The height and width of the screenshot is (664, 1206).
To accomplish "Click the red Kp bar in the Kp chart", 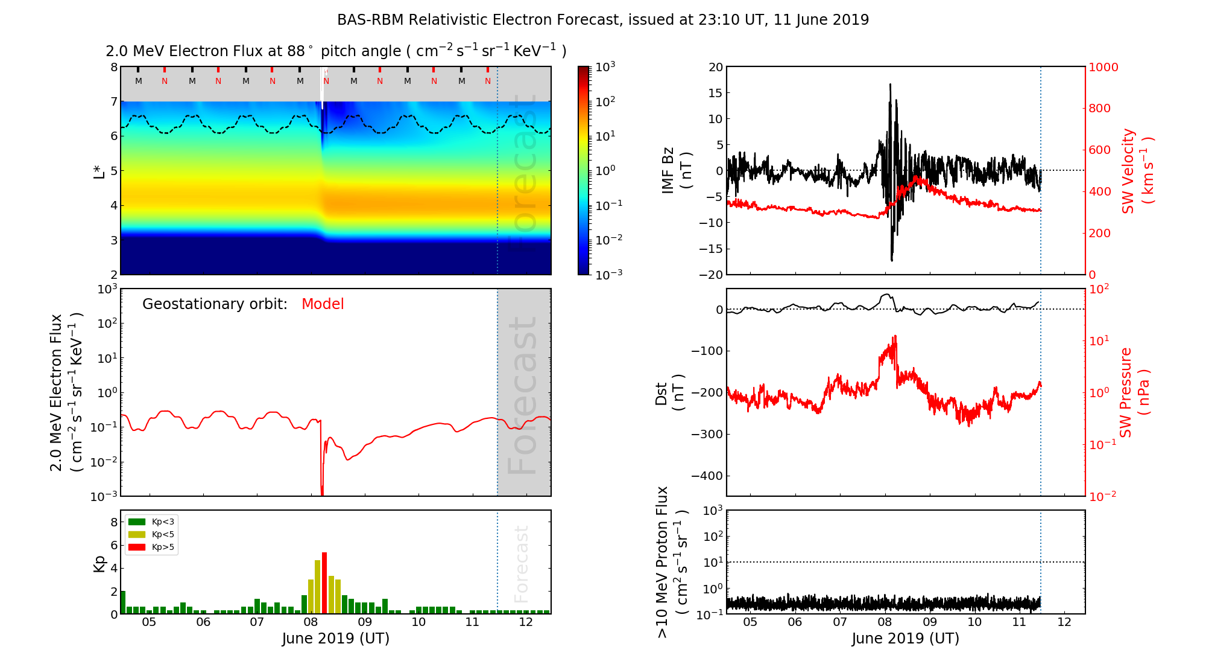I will coord(324,583).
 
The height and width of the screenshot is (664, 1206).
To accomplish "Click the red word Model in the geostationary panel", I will coord(323,304).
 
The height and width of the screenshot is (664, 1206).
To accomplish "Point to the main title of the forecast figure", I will coord(603,20).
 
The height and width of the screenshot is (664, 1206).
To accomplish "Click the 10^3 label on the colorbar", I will coord(605,66).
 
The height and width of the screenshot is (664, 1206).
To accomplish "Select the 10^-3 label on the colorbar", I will coord(608,274).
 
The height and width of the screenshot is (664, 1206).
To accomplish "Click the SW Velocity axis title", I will coord(1137,171).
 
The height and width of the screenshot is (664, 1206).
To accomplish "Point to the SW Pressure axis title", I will coord(1134,392).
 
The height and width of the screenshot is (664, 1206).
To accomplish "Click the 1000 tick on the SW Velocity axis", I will coord(1103,67).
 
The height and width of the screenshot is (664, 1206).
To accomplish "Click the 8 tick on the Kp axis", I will coord(114,522).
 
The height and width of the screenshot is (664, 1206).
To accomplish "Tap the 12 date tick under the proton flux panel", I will coord(1064,622).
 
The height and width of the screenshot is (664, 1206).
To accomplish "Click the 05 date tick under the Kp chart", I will coord(149,622).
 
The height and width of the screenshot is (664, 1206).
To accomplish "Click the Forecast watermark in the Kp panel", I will coord(521,564).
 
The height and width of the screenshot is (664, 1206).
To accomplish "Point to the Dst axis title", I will coord(669,392).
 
